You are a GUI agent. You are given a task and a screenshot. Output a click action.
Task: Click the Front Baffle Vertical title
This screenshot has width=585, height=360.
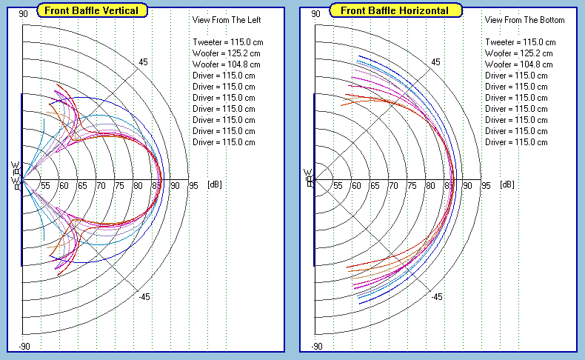click(93, 10)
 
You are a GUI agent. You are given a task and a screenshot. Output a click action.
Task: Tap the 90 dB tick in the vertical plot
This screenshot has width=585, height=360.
click(174, 185)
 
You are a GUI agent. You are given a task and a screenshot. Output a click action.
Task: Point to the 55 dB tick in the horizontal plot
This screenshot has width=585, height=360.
click(338, 185)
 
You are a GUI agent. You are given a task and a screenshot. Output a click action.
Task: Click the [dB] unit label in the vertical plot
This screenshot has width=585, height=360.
click(214, 184)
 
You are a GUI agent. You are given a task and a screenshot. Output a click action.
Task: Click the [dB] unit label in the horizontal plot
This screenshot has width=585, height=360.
click(507, 184)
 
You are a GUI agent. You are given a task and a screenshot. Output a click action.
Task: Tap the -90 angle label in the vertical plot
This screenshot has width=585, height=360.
click(24, 347)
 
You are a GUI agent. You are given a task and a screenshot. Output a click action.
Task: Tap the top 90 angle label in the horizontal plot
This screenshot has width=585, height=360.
click(317, 13)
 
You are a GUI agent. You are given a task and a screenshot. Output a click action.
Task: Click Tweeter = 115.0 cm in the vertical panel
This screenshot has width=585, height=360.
click(227, 42)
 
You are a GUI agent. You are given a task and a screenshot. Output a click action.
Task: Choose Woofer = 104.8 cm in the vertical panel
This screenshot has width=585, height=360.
click(226, 64)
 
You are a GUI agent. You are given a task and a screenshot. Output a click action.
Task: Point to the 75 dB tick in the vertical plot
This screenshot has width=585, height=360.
click(118, 185)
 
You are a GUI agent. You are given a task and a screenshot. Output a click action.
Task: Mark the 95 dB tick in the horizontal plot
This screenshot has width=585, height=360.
click(486, 185)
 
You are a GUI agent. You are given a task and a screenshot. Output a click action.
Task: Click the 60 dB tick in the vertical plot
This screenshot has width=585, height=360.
click(64, 185)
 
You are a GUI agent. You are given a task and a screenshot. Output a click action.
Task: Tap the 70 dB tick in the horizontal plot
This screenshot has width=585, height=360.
click(393, 185)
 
